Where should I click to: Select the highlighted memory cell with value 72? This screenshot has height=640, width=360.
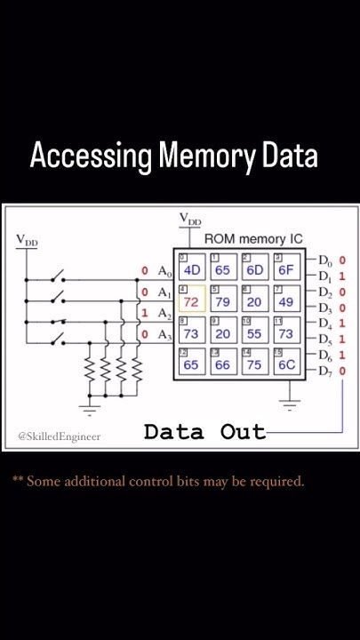192,301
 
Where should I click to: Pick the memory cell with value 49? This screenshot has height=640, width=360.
285,301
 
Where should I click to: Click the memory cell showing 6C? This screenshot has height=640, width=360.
285,364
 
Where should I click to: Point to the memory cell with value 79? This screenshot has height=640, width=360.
223,301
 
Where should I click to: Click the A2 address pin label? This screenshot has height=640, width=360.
164,313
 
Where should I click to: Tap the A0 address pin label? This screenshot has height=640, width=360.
164,271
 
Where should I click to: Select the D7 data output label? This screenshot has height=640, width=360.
326,370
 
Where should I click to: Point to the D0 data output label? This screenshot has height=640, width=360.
326,260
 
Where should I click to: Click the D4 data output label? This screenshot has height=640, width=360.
326,324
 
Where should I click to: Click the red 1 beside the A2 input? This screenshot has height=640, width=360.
144,313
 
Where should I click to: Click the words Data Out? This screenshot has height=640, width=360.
204,433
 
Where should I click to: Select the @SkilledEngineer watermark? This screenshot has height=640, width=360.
59,436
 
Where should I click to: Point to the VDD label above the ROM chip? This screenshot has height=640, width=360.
190,219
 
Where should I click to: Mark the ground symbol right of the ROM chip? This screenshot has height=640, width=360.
288,407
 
